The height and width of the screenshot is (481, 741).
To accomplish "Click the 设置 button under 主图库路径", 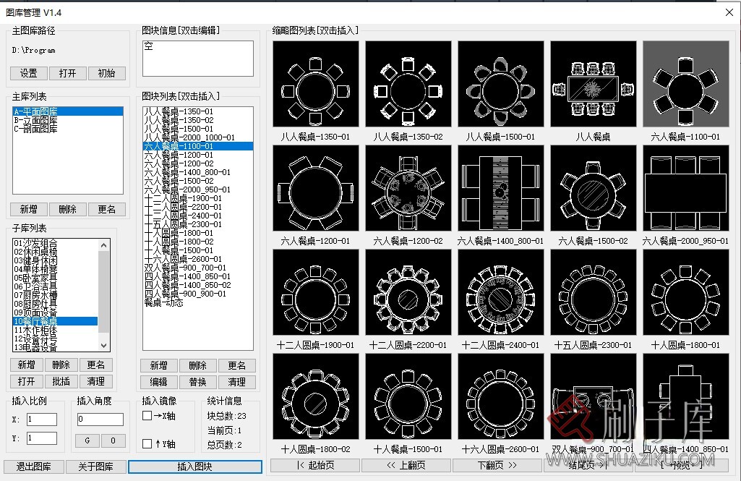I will click(x=29, y=74).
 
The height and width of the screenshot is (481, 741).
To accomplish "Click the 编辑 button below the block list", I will click(x=158, y=382).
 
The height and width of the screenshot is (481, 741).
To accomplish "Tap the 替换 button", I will click(x=197, y=382).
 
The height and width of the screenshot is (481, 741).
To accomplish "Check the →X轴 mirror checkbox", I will click(x=147, y=416).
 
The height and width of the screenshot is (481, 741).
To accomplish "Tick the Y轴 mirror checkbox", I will click(x=147, y=443).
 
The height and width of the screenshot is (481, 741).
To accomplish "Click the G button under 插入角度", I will click(x=87, y=440).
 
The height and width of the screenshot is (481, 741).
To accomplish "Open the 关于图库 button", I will click(x=95, y=467).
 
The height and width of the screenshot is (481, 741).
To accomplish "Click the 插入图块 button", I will click(x=195, y=467).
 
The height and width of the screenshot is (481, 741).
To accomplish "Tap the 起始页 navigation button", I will click(x=314, y=465).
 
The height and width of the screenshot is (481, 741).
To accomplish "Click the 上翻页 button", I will click(x=406, y=465).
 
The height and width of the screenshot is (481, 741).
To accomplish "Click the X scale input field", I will click(x=42, y=420).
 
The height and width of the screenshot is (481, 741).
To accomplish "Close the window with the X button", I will click(x=729, y=12).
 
